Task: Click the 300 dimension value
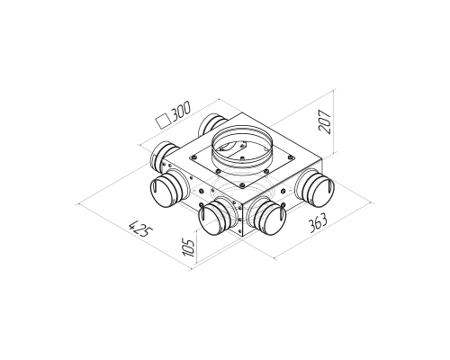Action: pyautogui.click(x=181, y=110)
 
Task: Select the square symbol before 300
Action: pyautogui.click(x=163, y=121)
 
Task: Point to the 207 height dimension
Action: pyautogui.click(x=325, y=121)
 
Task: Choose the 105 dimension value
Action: pyautogui.click(x=189, y=247)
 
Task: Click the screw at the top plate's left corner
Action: pyautogui.click(x=194, y=157)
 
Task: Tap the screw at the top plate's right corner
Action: pyautogui.click(x=290, y=156)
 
